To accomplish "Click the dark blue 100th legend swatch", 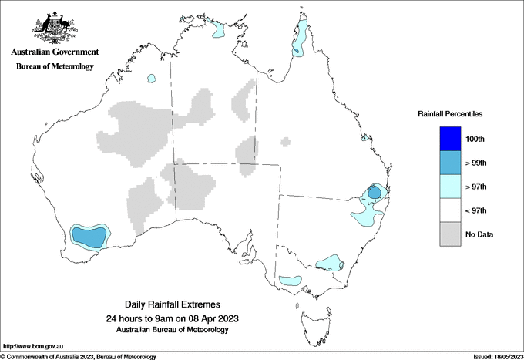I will click(x=450, y=138).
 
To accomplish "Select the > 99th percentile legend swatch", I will click(x=450, y=162).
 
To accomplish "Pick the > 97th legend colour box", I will click(x=450, y=186).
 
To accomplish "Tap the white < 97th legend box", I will click(x=450, y=210).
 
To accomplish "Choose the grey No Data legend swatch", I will click(x=450, y=234).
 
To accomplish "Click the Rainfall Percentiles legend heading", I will click(x=450, y=113).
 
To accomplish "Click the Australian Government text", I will click(x=55, y=52).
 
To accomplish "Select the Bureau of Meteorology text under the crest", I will click(x=55, y=67).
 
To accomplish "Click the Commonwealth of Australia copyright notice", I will click(x=79, y=356).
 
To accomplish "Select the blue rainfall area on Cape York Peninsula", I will click(x=300, y=42).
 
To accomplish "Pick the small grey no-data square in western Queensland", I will click(x=285, y=141).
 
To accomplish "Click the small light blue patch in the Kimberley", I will click(x=152, y=78).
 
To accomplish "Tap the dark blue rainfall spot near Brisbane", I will click(x=374, y=193).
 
